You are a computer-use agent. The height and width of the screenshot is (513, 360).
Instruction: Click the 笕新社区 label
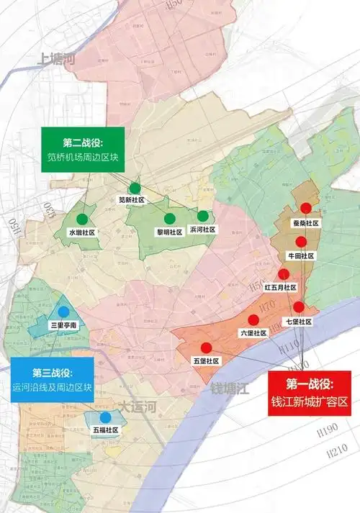(x=132, y=199)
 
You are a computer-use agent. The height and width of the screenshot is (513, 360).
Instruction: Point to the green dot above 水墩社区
(x=82, y=219)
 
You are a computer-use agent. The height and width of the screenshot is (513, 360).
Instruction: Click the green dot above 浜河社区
(x=203, y=216)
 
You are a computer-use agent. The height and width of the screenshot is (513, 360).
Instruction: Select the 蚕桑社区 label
(x=305, y=223)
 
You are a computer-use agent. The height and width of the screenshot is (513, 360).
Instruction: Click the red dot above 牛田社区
(x=302, y=242)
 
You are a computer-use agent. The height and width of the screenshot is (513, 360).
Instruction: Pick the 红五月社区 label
(x=280, y=287)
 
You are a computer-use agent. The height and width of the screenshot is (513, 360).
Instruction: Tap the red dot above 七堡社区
(x=299, y=307)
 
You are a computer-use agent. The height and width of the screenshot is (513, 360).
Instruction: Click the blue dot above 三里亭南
(x=64, y=312)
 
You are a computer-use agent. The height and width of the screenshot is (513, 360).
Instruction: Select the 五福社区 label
(x=105, y=430)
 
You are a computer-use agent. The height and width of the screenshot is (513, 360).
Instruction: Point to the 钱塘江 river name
(x=229, y=389)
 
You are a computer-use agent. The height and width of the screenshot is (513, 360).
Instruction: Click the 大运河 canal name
(x=137, y=407)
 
